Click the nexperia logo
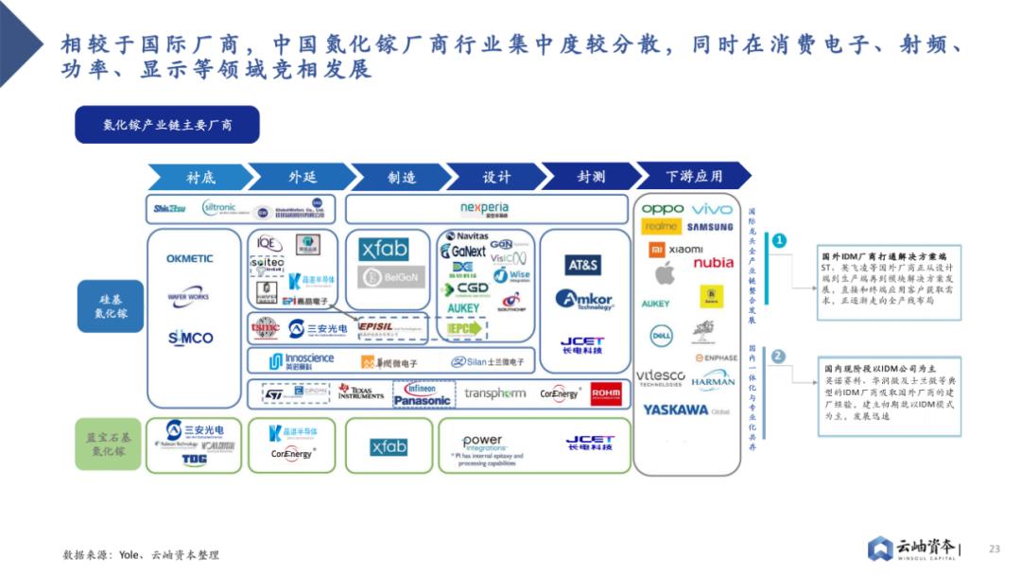click(x=484, y=209)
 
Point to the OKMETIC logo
click(x=190, y=258)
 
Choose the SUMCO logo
click(x=190, y=338)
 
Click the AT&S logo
click(x=582, y=266)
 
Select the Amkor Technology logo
click(x=584, y=300)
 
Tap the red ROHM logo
click(x=606, y=393)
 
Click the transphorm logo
click(x=495, y=393)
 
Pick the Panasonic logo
click(x=423, y=400)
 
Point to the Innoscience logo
click(x=302, y=360)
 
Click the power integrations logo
click(x=482, y=442)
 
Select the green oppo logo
click(x=663, y=209)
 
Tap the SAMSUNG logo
click(x=710, y=227)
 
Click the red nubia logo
click(x=713, y=263)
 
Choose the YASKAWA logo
click(x=675, y=410)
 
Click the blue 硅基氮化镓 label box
click(x=111, y=305)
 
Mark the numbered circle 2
click(x=778, y=357)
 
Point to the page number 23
click(x=994, y=549)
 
